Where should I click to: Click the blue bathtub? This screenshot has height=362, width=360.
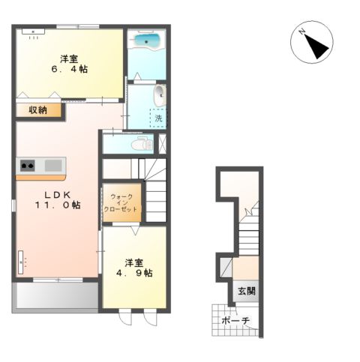[x=147, y=40]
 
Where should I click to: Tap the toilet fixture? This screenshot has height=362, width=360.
[x=142, y=144]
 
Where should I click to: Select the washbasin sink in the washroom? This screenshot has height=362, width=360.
[x=160, y=95]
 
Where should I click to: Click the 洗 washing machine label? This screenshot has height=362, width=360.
[x=158, y=118]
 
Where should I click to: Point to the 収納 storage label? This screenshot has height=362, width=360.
[x=38, y=110]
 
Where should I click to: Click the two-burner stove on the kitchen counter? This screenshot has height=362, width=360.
[x=28, y=166]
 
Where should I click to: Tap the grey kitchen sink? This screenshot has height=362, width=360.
[x=53, y=166]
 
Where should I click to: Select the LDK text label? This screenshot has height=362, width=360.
[x=58, y=195]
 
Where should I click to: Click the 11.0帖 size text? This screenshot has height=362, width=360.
[x=58, y=205]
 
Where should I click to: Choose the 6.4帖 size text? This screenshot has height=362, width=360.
[x=69, y=69]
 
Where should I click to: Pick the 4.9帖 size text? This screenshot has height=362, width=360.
[x=134, y=273]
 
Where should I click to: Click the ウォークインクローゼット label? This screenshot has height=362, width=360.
[x=121, y=203]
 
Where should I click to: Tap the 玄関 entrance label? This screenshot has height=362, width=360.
[x=247, y=291]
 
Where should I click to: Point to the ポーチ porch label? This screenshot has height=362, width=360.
[x=235, y=321]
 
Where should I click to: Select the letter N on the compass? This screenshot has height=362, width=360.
[x=301, y=31]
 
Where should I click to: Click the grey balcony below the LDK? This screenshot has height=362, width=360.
[x=57, y=295]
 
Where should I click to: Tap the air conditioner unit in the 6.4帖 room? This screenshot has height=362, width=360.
[x=33, y=31]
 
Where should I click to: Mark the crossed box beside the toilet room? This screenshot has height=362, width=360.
[x=162, y=144]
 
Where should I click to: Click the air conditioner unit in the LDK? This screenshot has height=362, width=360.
[x=20, y=262]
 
